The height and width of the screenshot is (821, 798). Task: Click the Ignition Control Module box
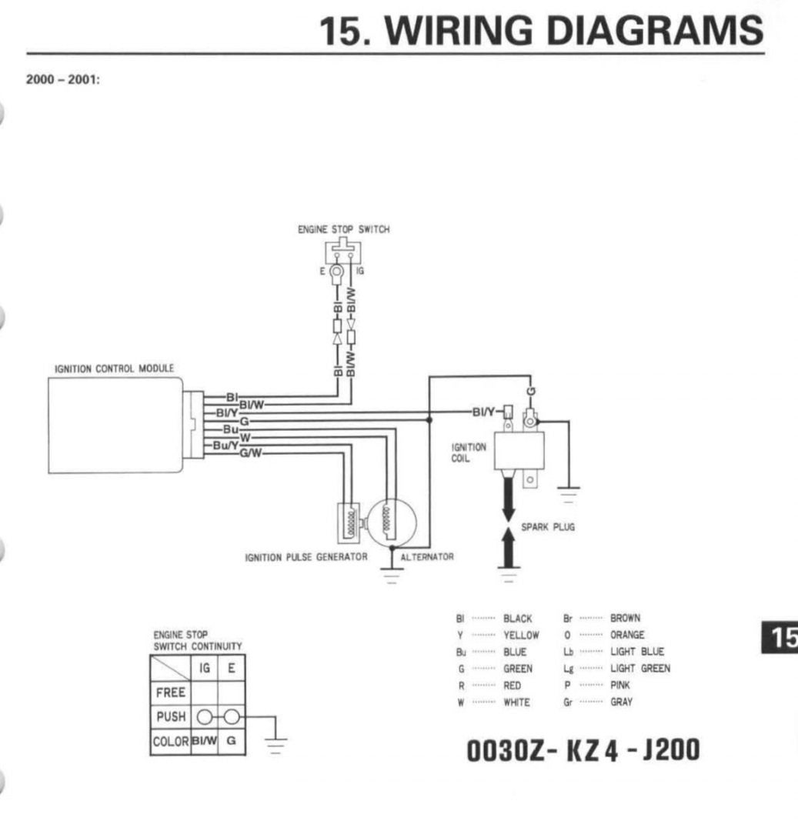(x=115, y=426)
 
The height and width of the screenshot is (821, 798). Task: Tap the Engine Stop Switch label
(x=343, y=229)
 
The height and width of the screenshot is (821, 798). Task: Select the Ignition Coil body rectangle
(x=519, y=451)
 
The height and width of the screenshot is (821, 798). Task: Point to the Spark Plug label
(x=548, y=527)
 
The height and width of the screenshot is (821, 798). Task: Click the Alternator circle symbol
(x=392, y=522)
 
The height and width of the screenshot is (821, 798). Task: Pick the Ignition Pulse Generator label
(x=306, y=557)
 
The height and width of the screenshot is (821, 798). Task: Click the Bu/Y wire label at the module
(x=225, y=445)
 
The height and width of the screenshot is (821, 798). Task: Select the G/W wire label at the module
(x=251, y=453)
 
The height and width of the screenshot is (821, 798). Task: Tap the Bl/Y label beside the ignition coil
(x=483, y=412)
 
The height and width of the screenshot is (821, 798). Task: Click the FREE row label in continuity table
(x=171, y=693)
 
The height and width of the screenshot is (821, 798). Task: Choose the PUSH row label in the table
(x=171, y=716)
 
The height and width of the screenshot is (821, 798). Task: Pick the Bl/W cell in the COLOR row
(x=204, y=741)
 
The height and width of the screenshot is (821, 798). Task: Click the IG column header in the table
(x=204, y=668)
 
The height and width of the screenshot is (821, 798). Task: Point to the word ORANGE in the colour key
(x=627, y=635)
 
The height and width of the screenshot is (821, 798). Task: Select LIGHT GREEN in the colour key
(x=640, y=668)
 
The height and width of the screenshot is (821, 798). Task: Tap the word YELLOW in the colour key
(x=521, y=635)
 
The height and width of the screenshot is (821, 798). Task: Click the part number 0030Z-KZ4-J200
(x=583, y=749)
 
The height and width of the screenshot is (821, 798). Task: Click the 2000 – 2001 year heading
(x=63, y=79)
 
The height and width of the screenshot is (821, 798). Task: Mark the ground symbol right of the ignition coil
(x=568, y=495)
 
